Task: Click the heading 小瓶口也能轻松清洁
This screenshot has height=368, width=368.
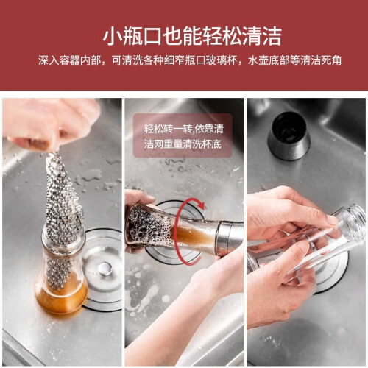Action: coord(192,36)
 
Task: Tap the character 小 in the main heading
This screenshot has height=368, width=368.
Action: coord(113,36)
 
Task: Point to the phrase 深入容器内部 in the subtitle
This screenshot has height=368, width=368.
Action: coord(69,60)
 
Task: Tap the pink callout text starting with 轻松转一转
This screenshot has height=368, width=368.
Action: coord(183,136)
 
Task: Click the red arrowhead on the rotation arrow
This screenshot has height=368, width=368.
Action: coord(201,205)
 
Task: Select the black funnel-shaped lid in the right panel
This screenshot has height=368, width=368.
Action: coord(289,135)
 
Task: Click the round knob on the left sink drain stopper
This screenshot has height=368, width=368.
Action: coord(105,268)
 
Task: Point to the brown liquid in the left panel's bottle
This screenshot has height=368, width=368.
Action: coord(61,296)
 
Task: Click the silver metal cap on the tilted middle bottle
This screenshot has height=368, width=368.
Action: coord(230,238)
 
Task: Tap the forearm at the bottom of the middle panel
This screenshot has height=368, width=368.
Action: coord(182,316)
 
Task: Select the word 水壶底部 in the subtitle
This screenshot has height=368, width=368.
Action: coord(269,60)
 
